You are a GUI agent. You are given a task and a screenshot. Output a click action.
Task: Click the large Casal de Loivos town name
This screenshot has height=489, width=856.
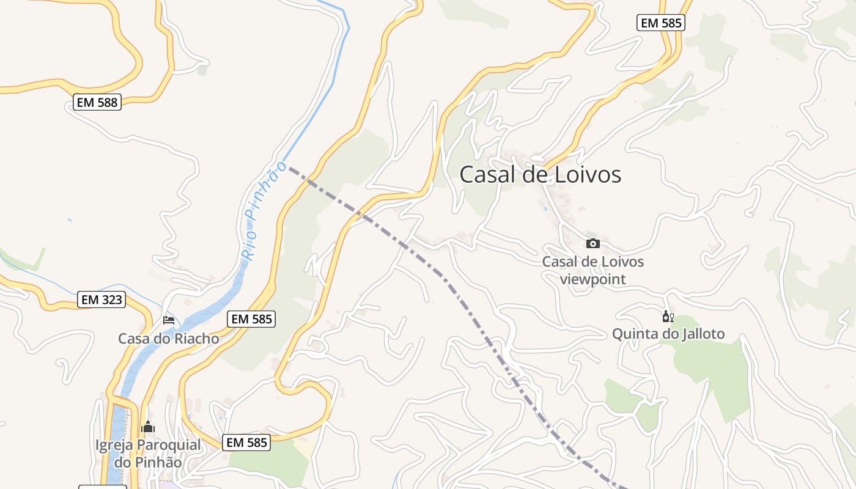coord(540,175)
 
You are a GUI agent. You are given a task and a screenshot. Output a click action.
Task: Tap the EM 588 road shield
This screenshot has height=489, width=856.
coord(97,102)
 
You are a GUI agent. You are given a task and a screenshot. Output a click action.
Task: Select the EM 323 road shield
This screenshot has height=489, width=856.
coord(102,300)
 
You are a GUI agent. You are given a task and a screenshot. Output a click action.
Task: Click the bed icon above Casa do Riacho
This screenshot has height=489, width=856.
coord(169,320)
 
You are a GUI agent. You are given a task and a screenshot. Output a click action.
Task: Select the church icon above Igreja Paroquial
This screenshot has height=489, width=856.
coord(148,427)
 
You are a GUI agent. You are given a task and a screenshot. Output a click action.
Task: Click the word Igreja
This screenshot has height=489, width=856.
coord(114,445)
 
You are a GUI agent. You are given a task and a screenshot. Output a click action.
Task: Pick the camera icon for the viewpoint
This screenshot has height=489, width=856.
coord(592,243)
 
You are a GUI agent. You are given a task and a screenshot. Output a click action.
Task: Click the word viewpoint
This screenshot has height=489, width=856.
coord(592,280)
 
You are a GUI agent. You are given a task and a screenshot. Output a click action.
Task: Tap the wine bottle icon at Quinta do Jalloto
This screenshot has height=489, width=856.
coord(668,317)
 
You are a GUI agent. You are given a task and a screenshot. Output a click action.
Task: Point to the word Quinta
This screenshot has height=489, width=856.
coord(633,334)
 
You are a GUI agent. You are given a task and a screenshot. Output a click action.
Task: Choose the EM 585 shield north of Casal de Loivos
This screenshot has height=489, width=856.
coord(660,23)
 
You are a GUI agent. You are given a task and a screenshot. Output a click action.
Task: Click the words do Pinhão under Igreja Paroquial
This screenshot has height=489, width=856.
coord(148,462)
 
